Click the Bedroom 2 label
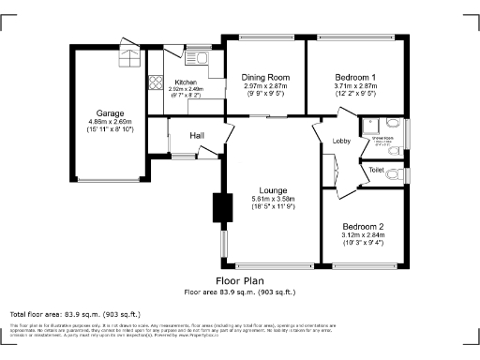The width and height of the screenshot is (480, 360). pyautogui.click(x=363, y=227)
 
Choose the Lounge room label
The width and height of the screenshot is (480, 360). pyautogui.click(x=273, y=189)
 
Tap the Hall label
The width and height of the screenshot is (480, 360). pyautogui.click(x=197, y=136)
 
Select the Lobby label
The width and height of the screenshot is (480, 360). pyautogui.click(x=341, y=142)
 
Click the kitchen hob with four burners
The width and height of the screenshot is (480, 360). pyautogui.click(x=155, y=81)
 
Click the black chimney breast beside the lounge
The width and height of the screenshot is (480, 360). pyautogui.click(x=223, y=207)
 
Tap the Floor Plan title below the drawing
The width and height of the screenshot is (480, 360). pyautogui.click(x=240, y=280)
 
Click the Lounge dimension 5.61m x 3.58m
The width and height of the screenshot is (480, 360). pyautogui.click(x=273, y=199)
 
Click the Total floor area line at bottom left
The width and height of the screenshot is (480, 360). pyautogui.click(x=75, y=314)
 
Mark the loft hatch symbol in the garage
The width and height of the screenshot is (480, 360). pyautogui.click(x=126, y=55)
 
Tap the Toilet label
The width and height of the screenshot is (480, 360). pyautogui.click(x=377, y=170)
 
